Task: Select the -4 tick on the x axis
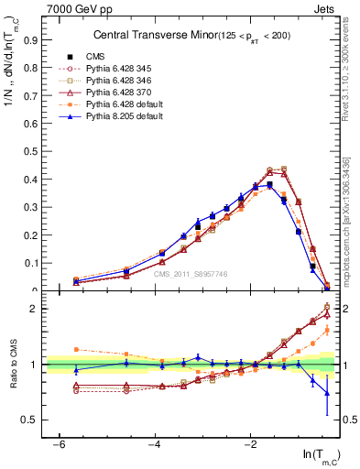pos(155,444)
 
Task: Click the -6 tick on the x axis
pos(60,444)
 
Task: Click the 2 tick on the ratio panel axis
pos(35,309)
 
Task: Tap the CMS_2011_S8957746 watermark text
pos(191,274)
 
